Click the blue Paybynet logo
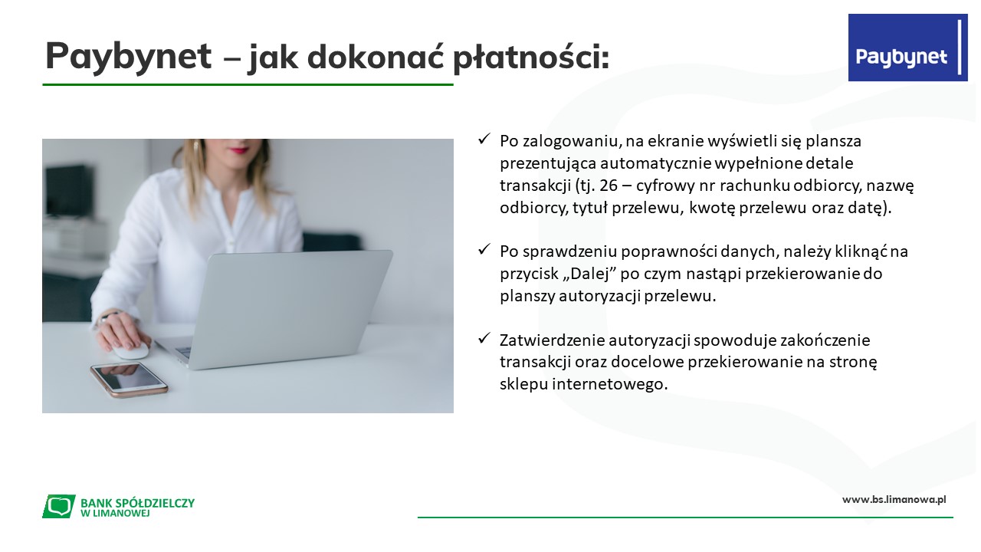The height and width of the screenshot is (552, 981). tap(908, 48)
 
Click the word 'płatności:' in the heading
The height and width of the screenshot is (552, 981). tap(531, 57)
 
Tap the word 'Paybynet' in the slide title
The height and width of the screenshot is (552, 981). tap(129, 57)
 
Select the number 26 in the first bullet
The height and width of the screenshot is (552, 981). tap(609, 186)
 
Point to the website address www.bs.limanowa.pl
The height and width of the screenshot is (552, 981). tap(894, 500)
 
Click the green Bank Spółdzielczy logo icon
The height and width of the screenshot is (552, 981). tap(59, 506)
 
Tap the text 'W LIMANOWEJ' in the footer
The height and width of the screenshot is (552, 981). tap(115, 514)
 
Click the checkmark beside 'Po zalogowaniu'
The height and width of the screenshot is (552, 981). tap(484, 140)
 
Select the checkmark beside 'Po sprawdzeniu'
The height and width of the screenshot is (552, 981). tap(484, 250)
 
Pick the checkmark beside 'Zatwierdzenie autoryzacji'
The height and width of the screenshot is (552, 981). tap(484, 338)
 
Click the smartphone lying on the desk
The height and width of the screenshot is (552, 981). tap(129, 379)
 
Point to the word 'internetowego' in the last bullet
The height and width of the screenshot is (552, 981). tap(609, 384)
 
